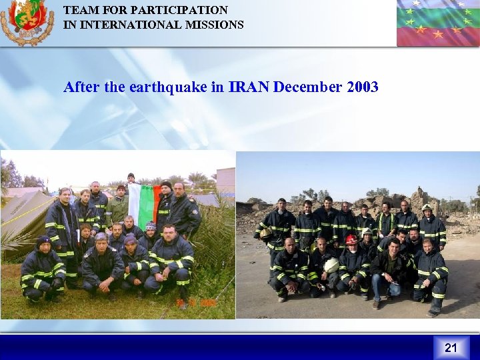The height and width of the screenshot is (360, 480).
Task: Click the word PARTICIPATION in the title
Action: pyautogui.click(x=181, y=11)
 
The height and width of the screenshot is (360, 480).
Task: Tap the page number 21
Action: pyautogui.click(x=451, y=347)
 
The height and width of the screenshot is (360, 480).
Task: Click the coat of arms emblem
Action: pyautogui.click(x=27, y=21)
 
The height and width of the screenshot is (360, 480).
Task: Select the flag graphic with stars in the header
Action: pyautogui.click(x=437, y=23)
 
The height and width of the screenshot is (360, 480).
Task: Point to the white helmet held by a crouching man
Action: pyautogui.click(x=331, y=265)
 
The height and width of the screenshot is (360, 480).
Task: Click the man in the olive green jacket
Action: pyautogui.click(x=118, y=207)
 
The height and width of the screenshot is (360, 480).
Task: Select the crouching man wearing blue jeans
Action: pyautogui.click(x=386, y=270)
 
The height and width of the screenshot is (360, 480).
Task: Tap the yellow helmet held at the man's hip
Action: pyautogui.click(x=265, y=233)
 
